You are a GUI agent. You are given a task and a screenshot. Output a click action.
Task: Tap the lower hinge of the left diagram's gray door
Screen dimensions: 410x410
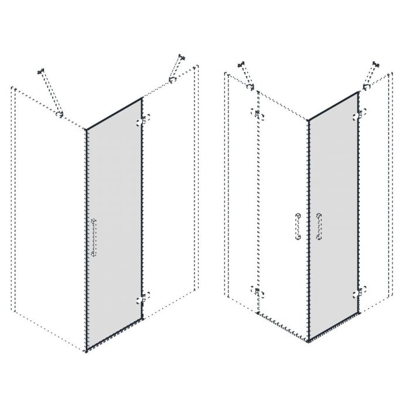141,299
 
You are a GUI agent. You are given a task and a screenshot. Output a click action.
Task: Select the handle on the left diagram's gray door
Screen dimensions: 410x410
95,237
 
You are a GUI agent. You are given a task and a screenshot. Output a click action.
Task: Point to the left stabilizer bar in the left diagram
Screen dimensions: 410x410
50,93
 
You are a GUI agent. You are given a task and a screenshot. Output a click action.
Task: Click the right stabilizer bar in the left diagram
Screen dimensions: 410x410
175,69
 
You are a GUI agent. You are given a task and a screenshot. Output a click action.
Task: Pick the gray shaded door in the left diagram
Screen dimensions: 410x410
114,223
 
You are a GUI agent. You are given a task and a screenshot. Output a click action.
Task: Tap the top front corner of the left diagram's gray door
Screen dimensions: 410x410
87,129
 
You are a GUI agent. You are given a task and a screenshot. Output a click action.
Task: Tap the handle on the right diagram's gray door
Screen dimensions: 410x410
319,227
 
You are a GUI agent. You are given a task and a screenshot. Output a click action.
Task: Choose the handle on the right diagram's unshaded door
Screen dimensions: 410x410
298,226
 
